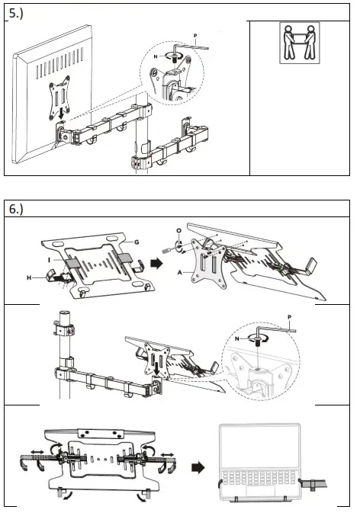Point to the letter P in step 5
[197, 34]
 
